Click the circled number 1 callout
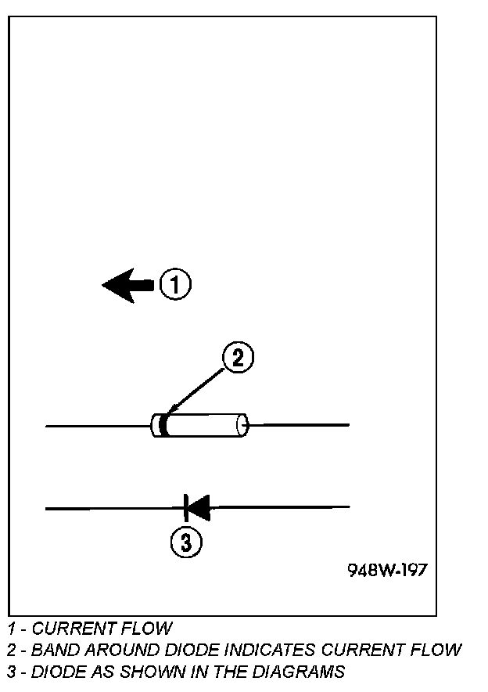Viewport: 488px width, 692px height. [x=175, y=284]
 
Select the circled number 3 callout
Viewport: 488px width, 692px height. [x=186, y=542]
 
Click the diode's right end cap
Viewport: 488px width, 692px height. [x=242, y=425]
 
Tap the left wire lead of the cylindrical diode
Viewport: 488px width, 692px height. [x=98, y=426]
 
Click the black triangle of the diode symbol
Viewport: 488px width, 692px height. [x=199, y=507]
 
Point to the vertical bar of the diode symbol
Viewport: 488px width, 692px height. [x=186, y=507]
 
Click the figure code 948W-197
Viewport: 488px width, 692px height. [x=387, y=570]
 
